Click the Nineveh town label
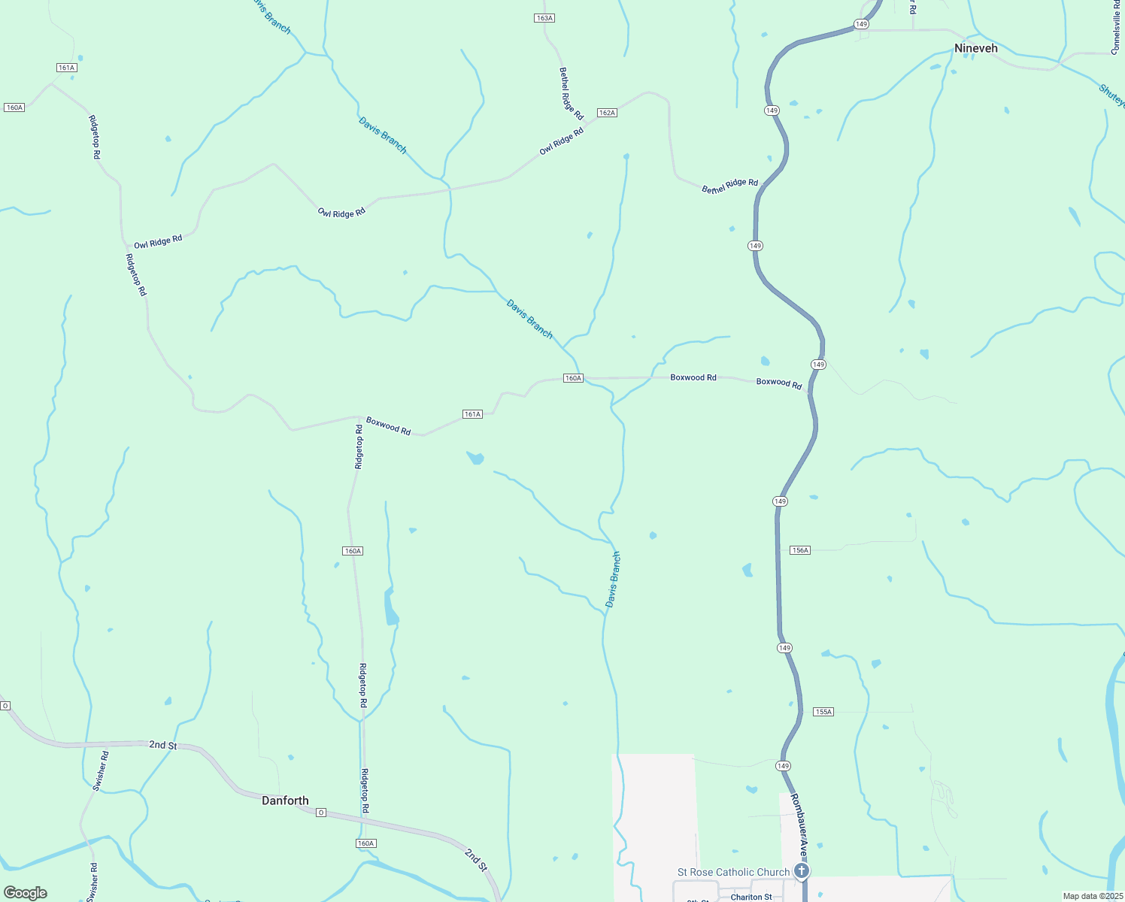975,48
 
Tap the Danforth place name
285,801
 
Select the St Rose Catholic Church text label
733,872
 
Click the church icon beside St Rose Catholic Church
802,871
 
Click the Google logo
26,892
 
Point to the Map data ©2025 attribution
1092,896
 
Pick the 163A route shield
544,18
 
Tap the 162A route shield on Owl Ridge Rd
607,113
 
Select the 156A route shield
800,550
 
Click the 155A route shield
823,712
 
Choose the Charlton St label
751,897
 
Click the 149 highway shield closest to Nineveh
862,24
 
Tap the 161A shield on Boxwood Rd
472,414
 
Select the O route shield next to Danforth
321,813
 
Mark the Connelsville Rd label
1115,27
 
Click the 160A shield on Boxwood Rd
573,378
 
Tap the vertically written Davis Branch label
613,580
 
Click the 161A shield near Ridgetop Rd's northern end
66,68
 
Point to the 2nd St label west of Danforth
162,745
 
